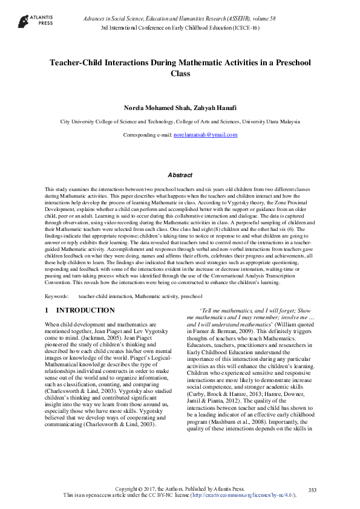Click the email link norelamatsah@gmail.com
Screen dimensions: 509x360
[205, 135]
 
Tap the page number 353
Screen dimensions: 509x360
[312, 490]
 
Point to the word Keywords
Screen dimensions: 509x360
[57, 296]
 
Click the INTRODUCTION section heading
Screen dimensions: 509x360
[85, 310]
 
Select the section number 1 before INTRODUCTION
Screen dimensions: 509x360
[47, 310]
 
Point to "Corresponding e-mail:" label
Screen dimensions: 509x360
[148, 135]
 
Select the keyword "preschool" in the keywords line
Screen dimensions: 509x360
[191, 296]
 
